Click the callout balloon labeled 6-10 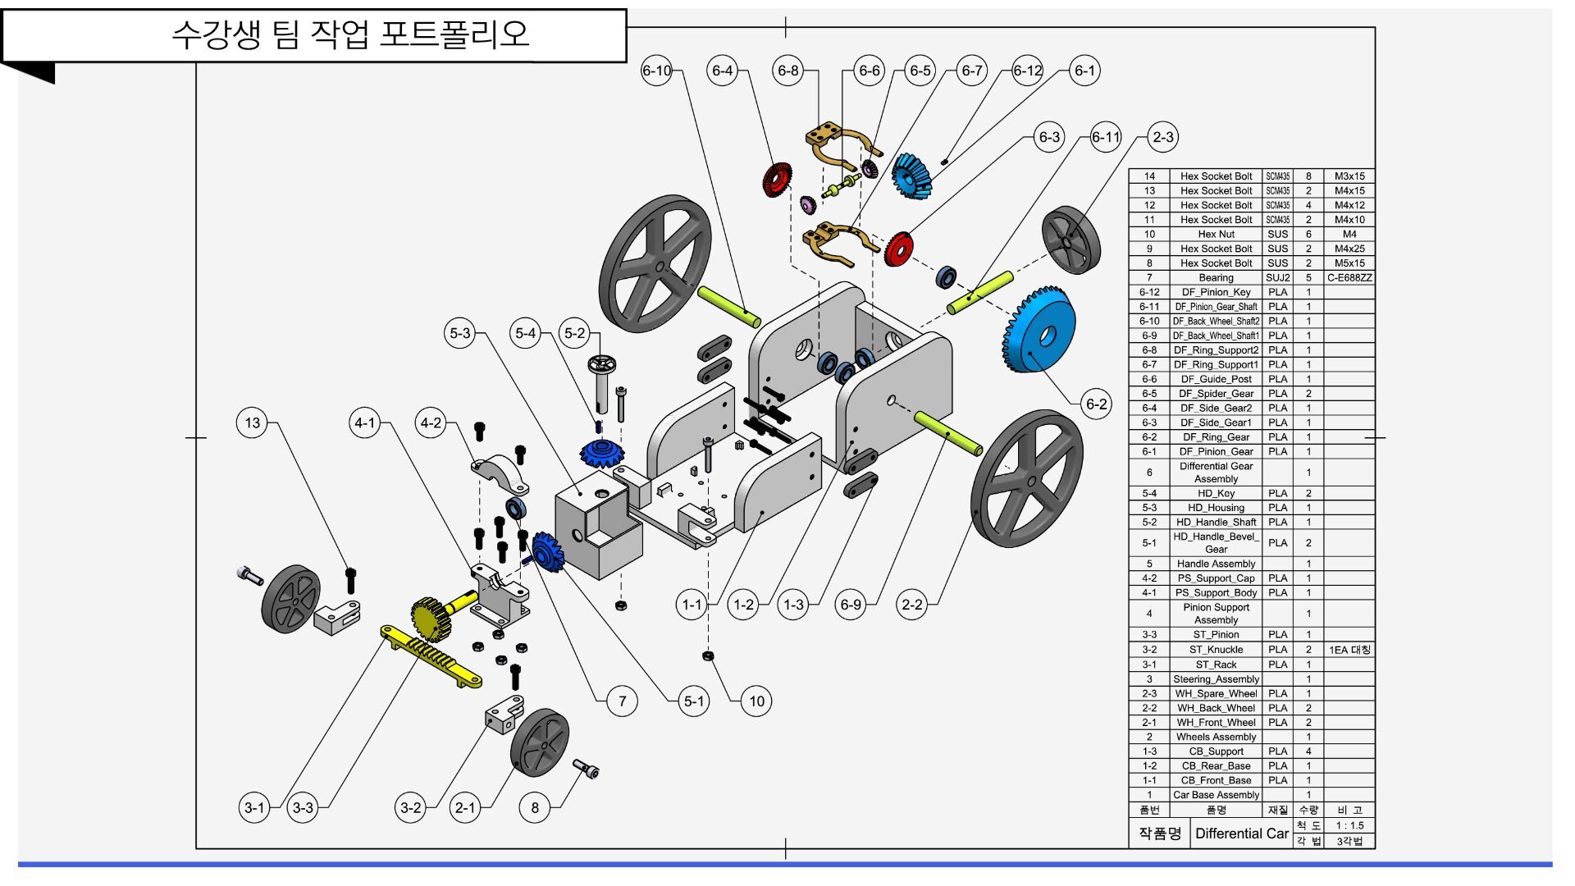point(656,71)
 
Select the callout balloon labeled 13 point(252,422)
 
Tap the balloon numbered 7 point(622,701)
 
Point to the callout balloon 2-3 point(1162,137)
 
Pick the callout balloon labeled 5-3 point(460,333)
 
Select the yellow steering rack point(431,656)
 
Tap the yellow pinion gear point(433,617)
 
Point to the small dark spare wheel point(1071,240)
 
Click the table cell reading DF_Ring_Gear point(1216,437)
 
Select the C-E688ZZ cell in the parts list point(1349,278)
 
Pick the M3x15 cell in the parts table point(1349,176)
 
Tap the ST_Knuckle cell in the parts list point(1216,650)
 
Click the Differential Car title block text point(1241,833)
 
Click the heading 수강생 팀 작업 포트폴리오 point(350,34)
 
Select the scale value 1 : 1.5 point(1349,826)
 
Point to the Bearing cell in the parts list point(1216,278)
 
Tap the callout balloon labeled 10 point(756,701)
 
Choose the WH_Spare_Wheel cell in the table point(1216,694)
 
